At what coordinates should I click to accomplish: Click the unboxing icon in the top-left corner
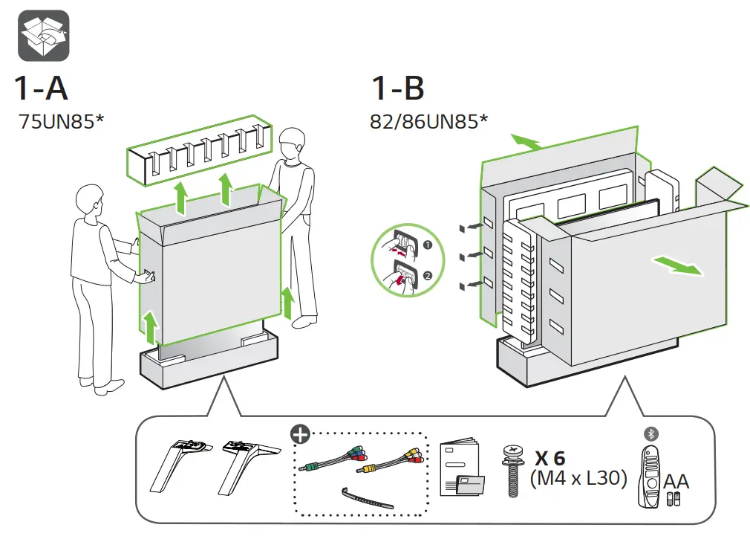pyautogui.click(x=44, y=36)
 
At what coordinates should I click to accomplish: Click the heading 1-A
pyautogui.click(x=41, y=88)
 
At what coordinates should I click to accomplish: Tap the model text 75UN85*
pyautogui.click(x=61, y=121)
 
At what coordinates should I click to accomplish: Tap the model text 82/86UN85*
pyautogui.click(x=428, y=121)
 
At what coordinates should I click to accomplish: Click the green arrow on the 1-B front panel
pyautogui.click(x=676, y=265)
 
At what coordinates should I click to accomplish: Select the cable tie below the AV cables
pyautogui.click(x=368, y=497)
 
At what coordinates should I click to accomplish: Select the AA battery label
pyautogui.click(x=676, y=482)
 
